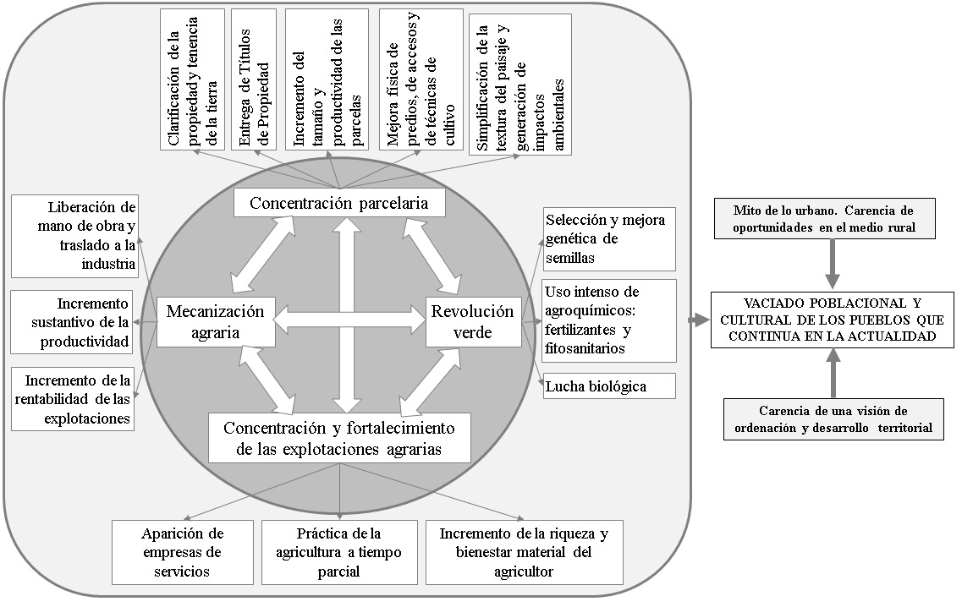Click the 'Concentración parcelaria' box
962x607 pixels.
(x=338, y=203)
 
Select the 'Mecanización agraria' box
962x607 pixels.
(x=216, y=321)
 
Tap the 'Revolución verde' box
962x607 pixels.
(x=473, y=321)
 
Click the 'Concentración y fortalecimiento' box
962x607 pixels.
(x=338, y=436)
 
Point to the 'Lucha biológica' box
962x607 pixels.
(x=608, y=386)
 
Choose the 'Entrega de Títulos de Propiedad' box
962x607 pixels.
(x=255, y=79)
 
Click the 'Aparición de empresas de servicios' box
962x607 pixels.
(x=183, y=552)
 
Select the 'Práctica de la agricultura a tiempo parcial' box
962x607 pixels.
(x=339, y=552)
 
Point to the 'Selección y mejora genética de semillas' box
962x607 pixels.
(x=608, y=238)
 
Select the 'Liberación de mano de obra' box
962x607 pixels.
(x=74, y=236)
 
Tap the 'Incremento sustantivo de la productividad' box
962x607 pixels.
(x=72, y=322)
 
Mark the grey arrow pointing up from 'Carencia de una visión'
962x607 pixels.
(x=833, y=376)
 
